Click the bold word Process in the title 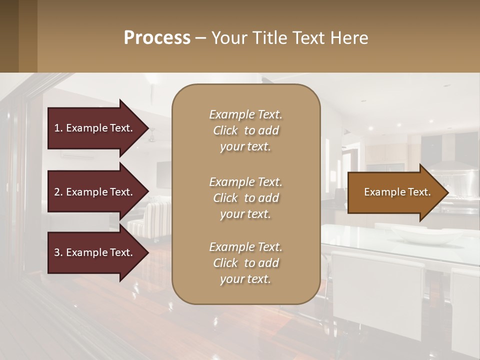[x=157, y=38]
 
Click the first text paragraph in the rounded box [x=245, y=130]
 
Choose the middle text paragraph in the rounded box [x=245, y=198]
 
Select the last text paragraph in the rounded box [x=245, y=263]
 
